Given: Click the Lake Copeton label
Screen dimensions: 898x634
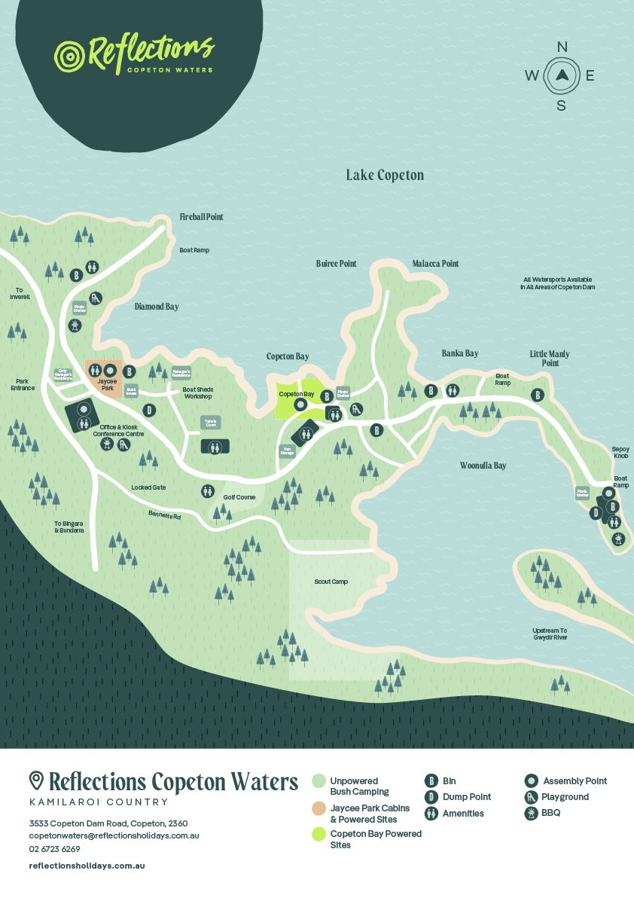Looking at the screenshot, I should [385, 176].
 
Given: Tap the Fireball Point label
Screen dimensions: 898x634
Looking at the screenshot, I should [201, 217].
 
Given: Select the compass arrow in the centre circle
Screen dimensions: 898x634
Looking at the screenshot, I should [562, 75].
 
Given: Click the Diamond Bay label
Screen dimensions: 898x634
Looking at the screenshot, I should [157, 307].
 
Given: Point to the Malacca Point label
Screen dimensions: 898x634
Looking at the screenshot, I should [435, 264].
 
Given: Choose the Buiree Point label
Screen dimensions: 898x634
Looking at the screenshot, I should [336, 264].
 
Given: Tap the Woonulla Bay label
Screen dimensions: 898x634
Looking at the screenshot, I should [483, 466].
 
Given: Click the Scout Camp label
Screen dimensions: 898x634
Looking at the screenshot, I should [331, 582].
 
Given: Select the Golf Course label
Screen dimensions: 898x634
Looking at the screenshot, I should [239, 497].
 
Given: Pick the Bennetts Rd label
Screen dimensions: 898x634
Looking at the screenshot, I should [164, 516].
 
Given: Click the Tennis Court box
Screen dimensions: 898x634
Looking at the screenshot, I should [210, 423].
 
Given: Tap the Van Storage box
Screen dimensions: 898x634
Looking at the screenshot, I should [287, 451].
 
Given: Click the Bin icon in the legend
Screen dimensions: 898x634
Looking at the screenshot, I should [431, 781].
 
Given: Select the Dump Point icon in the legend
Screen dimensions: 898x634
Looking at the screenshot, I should [431, 797].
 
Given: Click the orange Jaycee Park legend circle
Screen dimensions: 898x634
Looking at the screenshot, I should [319, 808].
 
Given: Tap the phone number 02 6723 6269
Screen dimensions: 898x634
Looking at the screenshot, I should [54, 849].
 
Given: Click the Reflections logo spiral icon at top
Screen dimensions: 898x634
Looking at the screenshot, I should [69, 56].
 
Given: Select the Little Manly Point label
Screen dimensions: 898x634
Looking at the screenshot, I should [550, 358].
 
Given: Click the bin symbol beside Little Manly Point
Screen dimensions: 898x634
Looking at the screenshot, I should [538, 395].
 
